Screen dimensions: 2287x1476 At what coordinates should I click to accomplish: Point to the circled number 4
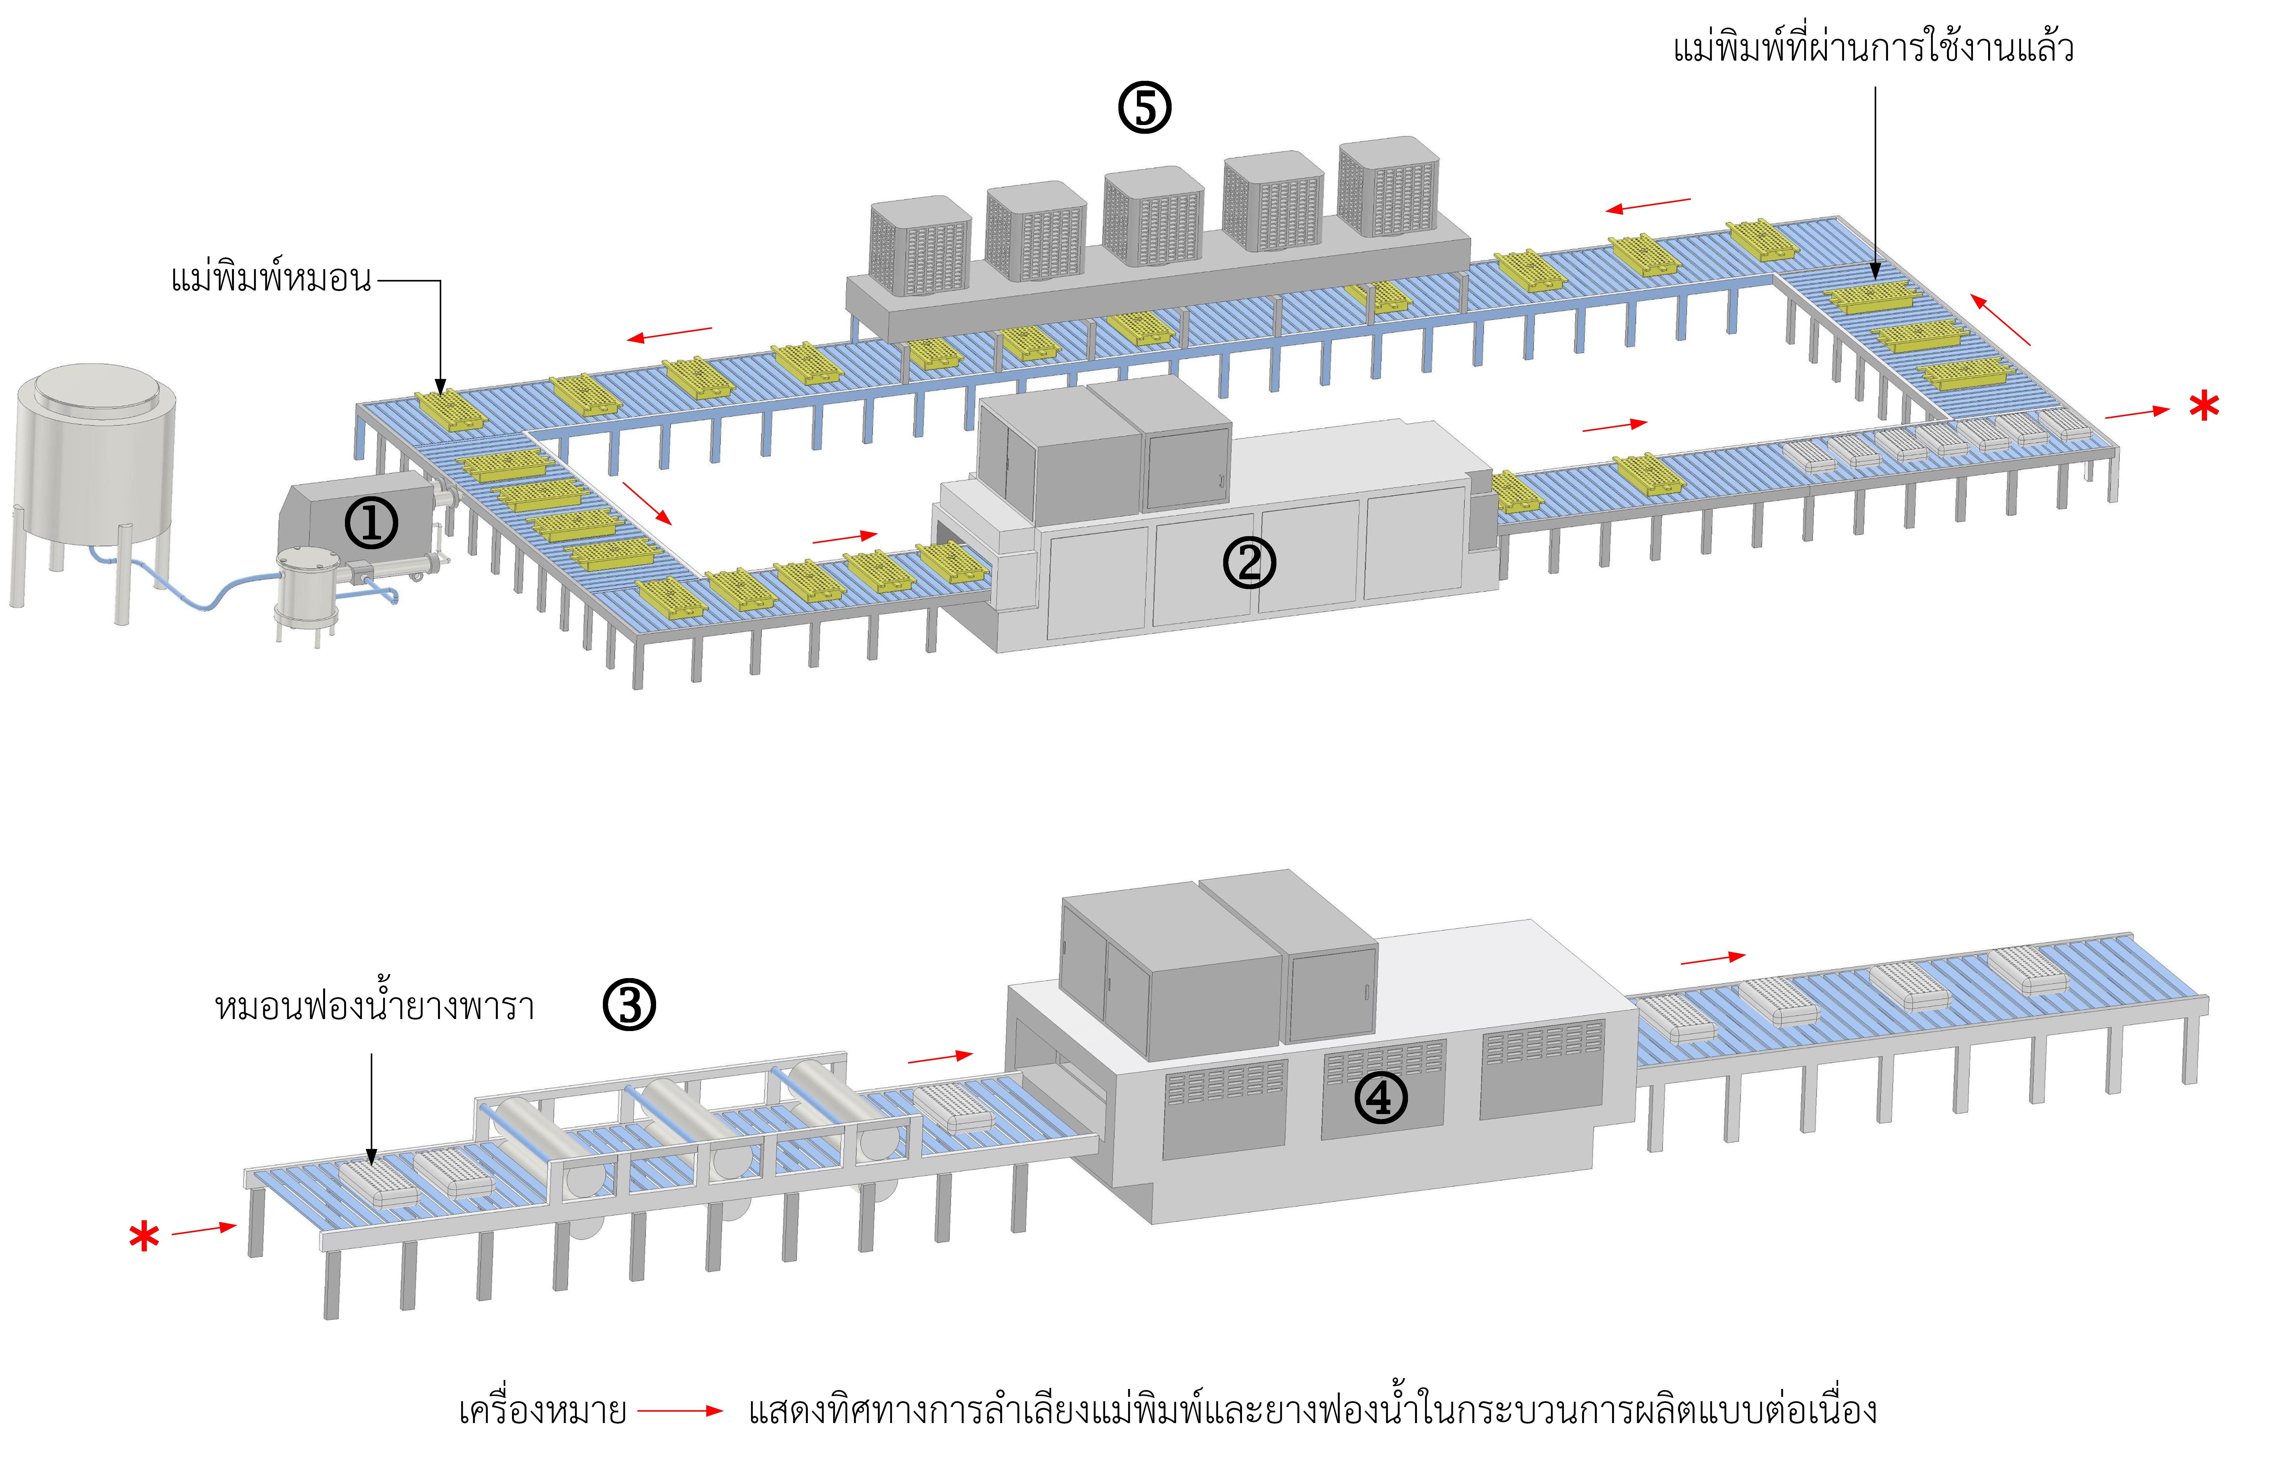coord(1381,1098)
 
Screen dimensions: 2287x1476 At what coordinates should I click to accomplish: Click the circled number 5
coord(1145,107)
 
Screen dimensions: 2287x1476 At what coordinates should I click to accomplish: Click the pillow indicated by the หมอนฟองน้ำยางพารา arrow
coord(379,1181)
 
